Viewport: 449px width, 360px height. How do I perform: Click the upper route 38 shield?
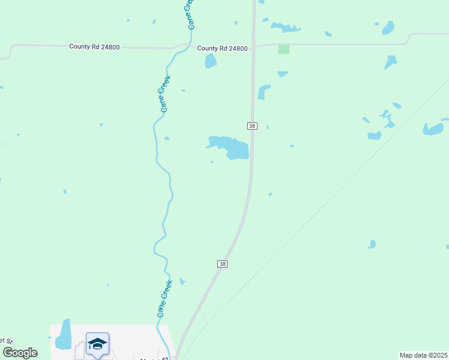(252, 126)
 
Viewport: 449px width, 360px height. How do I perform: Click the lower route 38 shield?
(222, 264)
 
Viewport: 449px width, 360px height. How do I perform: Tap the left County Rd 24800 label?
(94, 47)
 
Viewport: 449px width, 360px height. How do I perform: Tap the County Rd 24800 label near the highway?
(222, 49)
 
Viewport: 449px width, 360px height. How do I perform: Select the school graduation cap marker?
(97, 344)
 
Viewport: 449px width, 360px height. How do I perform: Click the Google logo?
(20, 353)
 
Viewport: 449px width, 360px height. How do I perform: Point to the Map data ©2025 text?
(424, 355)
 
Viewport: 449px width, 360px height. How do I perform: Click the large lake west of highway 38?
(231, 147)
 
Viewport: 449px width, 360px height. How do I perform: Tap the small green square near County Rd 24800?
(284, 49)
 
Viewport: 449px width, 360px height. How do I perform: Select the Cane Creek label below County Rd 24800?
(164, 94)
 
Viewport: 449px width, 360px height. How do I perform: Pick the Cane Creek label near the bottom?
(162, 300)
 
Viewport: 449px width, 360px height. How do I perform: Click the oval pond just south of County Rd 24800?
(211, 61)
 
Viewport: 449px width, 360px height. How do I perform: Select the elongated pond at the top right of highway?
(285, 27)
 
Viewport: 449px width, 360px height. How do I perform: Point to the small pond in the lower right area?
(372, 244)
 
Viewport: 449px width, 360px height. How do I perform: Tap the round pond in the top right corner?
(388, 28)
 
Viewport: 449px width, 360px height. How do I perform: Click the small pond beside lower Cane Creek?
(182, 281)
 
